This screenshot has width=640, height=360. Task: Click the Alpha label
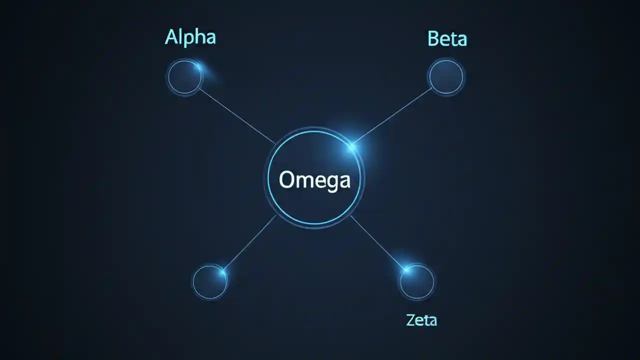tap(190, 37)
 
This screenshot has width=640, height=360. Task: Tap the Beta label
tap(447, 38)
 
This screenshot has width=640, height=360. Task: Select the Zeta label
tap(421, 320)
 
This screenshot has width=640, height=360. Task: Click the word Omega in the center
tap(314, 179)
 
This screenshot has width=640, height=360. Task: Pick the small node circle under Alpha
tap(184, 77)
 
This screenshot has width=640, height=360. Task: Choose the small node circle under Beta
tap(446, 77)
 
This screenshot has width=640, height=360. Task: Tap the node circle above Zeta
tap(417, 282)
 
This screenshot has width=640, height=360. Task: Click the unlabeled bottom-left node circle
tap(209, 282)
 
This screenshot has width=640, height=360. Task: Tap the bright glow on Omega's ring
tap(352, 146)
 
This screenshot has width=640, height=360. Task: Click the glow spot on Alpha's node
tap(199, 67)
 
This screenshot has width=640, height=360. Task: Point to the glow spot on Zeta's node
tap(406, 270)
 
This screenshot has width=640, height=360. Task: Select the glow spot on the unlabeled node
tap(221, 271)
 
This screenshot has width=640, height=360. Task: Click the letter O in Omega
tap(287, 179)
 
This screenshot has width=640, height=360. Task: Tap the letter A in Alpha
tap(171, 37)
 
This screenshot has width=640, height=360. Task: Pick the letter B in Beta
tap(433, 38)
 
